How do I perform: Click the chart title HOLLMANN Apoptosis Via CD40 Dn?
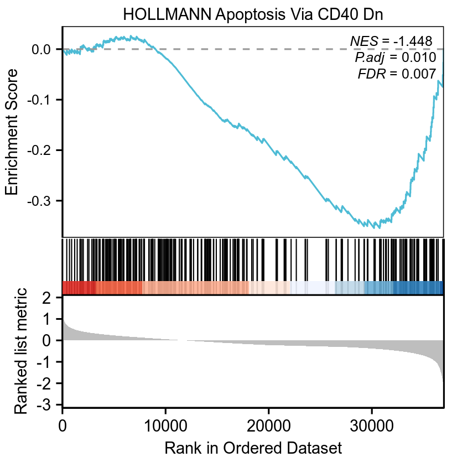(x=253, y=14)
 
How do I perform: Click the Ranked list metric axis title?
(x=20, y=351)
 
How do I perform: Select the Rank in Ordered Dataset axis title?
(x=253, y=446)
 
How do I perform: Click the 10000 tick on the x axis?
(x=165, y=427)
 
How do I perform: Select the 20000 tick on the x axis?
(x=268, y=427)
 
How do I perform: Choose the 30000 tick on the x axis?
(x=371, y=427)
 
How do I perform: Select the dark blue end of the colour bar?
(x=432, y=288)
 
